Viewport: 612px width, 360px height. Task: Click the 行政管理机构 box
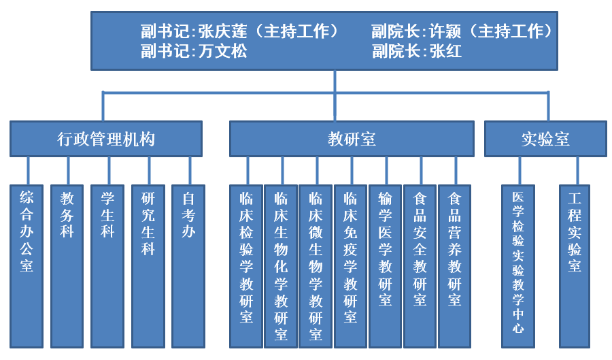(x=106, y=139)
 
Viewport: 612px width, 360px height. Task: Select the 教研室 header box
(x=352, y=139)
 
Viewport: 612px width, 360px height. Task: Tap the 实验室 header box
(x=545, y=139)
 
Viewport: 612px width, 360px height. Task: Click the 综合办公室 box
(x=27, y=266)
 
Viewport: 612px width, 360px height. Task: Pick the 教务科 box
(x=67, y=266)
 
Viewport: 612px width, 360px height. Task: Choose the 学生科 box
(x=107, y=266)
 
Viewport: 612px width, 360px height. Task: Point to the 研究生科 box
(x=148, y=266)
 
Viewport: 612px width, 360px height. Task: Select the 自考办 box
(x=188, y=266)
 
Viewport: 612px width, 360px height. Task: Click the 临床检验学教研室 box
(x=246, y=266)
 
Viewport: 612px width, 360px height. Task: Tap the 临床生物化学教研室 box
(x=281, y=266)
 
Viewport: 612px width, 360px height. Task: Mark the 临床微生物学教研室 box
(x=316, y=266)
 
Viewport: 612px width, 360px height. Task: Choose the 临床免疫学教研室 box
(x=350, y=266)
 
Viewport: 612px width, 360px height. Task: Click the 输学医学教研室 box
(x=385, y=266)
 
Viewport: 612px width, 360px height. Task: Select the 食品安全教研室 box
(x=420, y=266)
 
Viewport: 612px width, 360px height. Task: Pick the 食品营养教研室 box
(x=454, y=266)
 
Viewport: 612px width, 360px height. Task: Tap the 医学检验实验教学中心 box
(x=518, y=266)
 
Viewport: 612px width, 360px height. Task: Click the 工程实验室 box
(x=575, y=266)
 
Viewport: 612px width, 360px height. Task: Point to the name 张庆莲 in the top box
(x=223, y=31)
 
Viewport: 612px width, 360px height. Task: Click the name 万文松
(x=223, y=51)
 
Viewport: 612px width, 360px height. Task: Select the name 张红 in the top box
(x=445, y=51)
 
